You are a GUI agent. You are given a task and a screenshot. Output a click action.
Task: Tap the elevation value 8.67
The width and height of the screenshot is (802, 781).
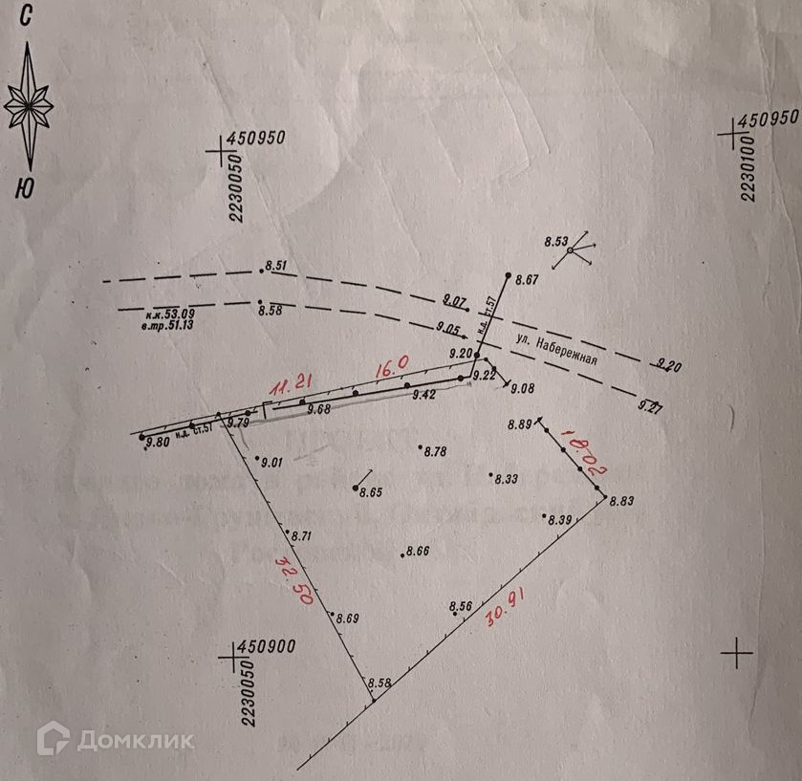(528, 280)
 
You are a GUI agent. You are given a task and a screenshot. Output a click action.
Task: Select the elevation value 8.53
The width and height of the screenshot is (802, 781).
(555, 241)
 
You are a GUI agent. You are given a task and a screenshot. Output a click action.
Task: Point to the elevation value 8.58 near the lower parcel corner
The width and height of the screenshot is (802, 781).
(379, 683)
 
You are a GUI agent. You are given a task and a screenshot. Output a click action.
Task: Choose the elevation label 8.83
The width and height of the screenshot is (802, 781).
(621, 501)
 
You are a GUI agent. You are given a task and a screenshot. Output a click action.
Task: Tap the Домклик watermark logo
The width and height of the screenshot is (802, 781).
(116, 739)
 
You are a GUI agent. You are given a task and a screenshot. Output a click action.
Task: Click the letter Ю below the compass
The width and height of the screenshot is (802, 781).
(26, 188)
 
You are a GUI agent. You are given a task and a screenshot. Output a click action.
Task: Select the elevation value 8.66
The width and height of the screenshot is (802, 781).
(418, 552)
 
